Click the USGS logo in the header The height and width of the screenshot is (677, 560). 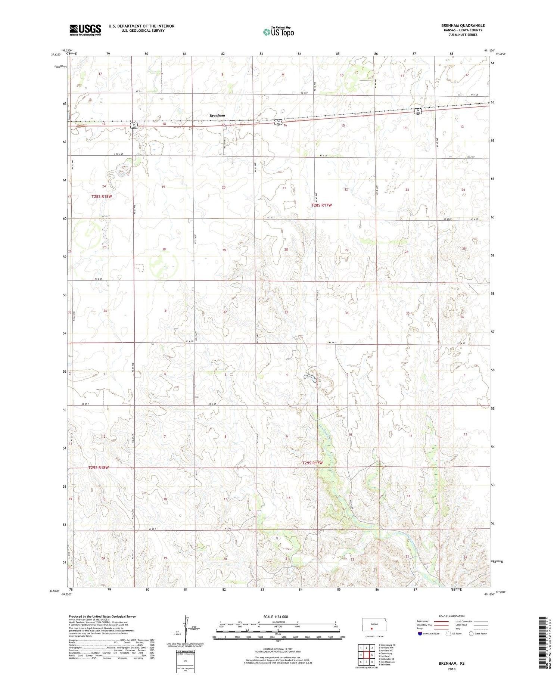pyautogui.click(x=85, y=29)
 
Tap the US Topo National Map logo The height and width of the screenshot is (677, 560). pyautogui.click(x=279, y=32)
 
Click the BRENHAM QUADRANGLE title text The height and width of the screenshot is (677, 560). pyautogui.click(x=463, y=25)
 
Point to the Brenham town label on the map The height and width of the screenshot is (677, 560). pyautogui.click(x=217, y=115)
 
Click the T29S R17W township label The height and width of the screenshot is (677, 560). pyautogui.click(x=312, y=463)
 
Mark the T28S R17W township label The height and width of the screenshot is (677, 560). pyautogui.click(x=321, y=205)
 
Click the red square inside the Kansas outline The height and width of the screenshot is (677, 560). pyautogui.click(x=371, y=628)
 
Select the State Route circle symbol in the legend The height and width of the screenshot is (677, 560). pyautogui.click(x=472, y=633)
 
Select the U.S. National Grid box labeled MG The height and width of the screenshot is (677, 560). pyautogui.click(x=185, y=662)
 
